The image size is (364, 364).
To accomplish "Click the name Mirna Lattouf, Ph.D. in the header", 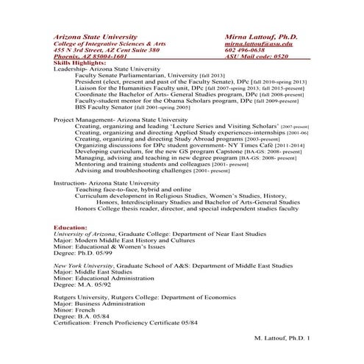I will tap(261, 36).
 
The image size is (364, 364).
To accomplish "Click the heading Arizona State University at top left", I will tap(95, 36).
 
